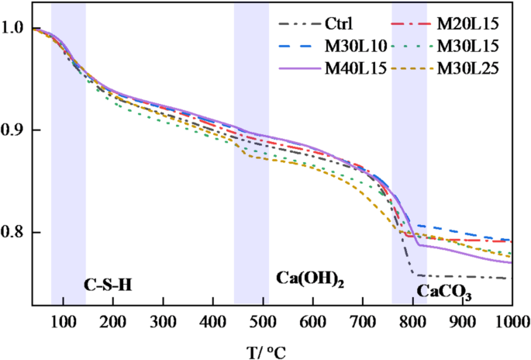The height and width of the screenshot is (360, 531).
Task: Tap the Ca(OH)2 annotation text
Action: click(x=309, y=278)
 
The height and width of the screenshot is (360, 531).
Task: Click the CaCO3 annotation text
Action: click(x=445, y=292)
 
